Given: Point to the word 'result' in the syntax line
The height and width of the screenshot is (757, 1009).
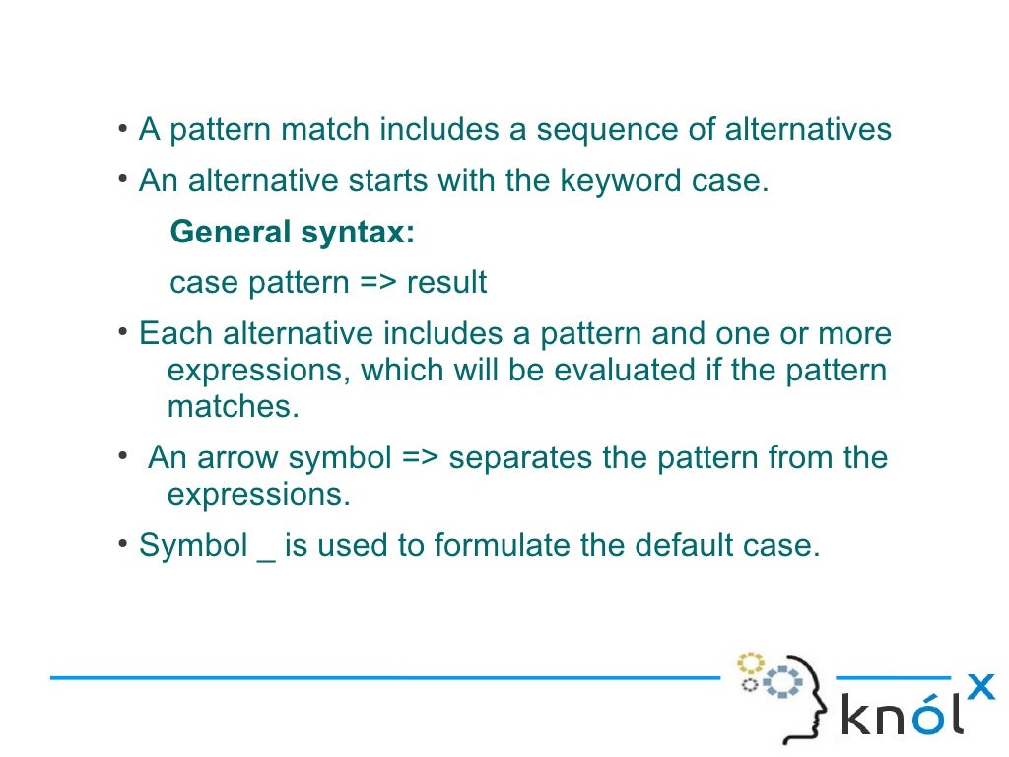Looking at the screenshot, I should point(446,283).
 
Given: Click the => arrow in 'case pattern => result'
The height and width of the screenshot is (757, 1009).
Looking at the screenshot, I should point(377,283).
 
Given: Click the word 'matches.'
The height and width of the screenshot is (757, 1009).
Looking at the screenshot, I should point(233,406).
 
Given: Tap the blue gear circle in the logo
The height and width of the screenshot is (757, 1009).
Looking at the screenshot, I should point(783,681).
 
